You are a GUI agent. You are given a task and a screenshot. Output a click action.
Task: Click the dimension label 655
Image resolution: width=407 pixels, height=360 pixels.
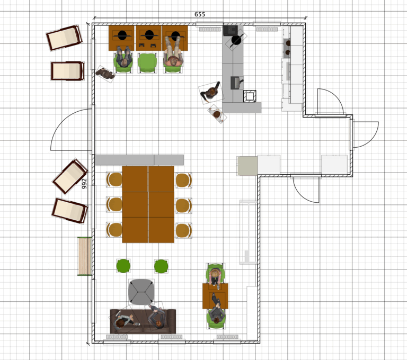click(200, 14)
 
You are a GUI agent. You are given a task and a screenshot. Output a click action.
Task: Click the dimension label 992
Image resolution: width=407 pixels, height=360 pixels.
click(84, 183)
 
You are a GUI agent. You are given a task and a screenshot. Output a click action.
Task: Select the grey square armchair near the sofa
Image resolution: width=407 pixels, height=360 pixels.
click(141, 292)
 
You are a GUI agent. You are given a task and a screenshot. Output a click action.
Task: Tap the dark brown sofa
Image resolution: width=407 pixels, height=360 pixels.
click(143, 321)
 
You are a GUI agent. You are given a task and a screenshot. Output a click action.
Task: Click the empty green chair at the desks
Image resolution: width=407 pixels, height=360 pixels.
click(147, 63)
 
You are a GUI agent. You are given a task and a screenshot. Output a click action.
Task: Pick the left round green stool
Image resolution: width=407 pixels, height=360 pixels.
click(123, 266)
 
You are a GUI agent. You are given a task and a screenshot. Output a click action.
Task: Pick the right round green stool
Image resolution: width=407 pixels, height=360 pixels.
click(161, 266)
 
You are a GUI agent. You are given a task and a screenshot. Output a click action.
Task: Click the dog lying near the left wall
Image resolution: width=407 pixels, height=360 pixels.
click(105, 74)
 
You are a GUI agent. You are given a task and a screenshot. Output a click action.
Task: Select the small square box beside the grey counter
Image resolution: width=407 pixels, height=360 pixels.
click(250, 96)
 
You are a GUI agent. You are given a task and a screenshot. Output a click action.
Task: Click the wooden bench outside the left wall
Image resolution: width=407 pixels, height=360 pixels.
click(84, 256)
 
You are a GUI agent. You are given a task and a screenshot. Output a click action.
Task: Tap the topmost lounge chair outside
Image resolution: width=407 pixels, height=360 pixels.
click(64, 38)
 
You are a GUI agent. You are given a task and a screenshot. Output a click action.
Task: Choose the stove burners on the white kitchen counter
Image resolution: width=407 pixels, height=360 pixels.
click(287, 48)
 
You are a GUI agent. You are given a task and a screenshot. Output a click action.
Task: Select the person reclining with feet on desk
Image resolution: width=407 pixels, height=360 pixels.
click(173, 51)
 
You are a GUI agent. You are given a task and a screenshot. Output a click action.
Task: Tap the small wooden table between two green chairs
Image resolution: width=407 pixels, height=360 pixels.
click(215, 296)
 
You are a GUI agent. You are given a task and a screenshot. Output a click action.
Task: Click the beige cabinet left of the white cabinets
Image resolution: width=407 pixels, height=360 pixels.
click(247, 166)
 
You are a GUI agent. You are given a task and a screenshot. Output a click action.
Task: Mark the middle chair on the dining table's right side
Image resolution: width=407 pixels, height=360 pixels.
click(183, 205)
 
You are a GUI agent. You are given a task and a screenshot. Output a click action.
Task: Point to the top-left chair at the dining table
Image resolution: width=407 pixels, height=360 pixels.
click(114, 179)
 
